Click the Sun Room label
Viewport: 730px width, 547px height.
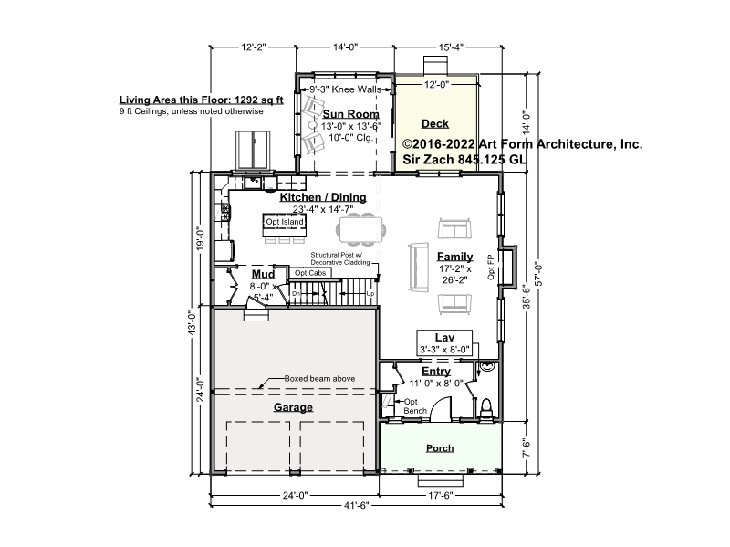point(351,114)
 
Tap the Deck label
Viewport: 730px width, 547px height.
point(435,124)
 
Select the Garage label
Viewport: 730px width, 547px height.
point(293,407)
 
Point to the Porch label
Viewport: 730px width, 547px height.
point(440,448)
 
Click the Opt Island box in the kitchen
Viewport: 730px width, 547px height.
point(285,222)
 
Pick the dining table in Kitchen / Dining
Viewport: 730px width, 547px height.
point(360,229)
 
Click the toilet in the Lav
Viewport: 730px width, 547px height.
point(485,406)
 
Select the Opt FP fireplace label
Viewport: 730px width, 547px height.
point(491,267)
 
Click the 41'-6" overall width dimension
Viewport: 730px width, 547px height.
point(357,506)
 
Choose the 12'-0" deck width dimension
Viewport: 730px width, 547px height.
point(436,84)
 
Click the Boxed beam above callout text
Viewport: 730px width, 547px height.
point(319,379)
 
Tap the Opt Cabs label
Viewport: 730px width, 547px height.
point(310,273)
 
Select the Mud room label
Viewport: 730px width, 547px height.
point(263,275)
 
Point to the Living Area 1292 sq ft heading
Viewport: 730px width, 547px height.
point(201,100)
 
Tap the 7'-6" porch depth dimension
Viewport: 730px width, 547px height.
point(527,447)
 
